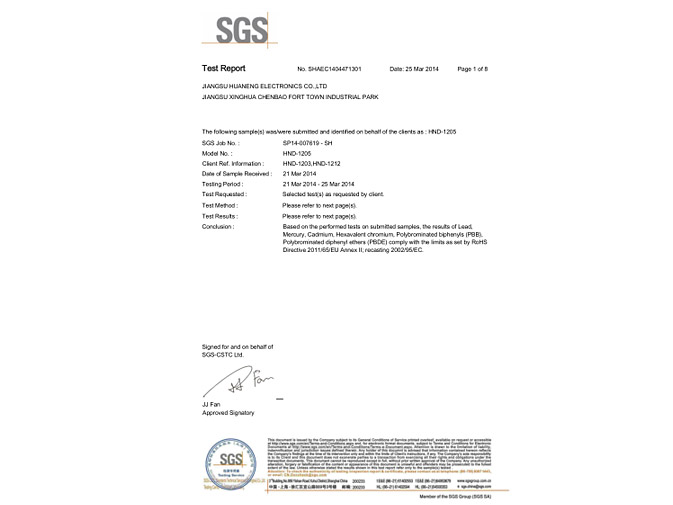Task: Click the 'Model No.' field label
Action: pyautogui.click(x=217, y=154)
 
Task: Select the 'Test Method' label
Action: pyautogui.click(x=220, y=204)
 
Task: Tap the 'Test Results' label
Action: pyautogui.click(x=220, y=215)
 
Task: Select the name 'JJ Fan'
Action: pyautogui.click(x=210, y=404)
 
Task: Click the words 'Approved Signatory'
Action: pyautogui.click(x=228, y=412)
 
